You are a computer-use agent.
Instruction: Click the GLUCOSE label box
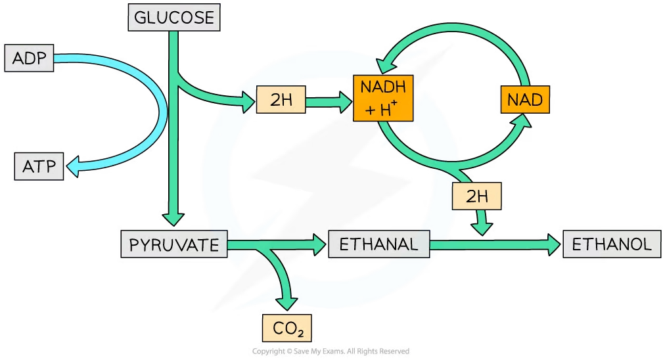pos(173,18)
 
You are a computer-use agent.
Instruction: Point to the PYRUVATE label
pos(174,245)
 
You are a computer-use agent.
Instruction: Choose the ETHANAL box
pos(378,245)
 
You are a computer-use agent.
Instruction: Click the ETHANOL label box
pos(612,245)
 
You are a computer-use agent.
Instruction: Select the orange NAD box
pos(524,101)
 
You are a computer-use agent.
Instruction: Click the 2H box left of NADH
pos(281,101)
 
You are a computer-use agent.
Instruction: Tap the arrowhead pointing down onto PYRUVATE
pos(173,219)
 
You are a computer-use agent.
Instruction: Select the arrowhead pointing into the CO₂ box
pos(287,302)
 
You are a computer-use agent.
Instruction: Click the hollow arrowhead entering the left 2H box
pos(249,101)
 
